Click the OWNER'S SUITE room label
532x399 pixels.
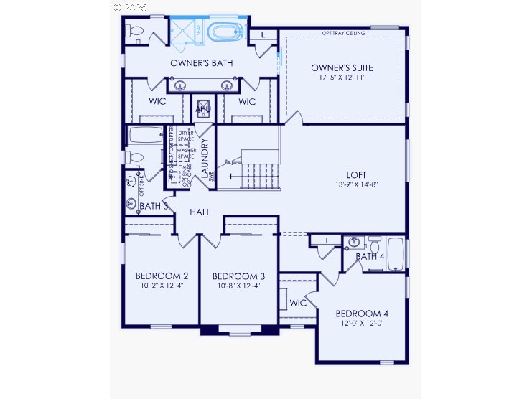(342, 67)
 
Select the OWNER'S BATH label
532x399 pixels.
(201, 63)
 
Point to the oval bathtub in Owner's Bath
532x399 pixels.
(226, 32)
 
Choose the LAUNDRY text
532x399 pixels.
(205, 157)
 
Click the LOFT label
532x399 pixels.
(356, 174)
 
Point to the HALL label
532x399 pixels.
(200, 212)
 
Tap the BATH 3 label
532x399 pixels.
(154, 206)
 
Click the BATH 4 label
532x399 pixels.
(370, 256)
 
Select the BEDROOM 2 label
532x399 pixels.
(162, 276)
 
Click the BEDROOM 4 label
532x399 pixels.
(362, 314)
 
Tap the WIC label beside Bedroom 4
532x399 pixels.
(298, 303)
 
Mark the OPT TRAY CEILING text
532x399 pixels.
(343, 33)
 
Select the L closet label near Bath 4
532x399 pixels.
(327, 240)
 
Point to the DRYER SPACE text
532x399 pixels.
(186, 135)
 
